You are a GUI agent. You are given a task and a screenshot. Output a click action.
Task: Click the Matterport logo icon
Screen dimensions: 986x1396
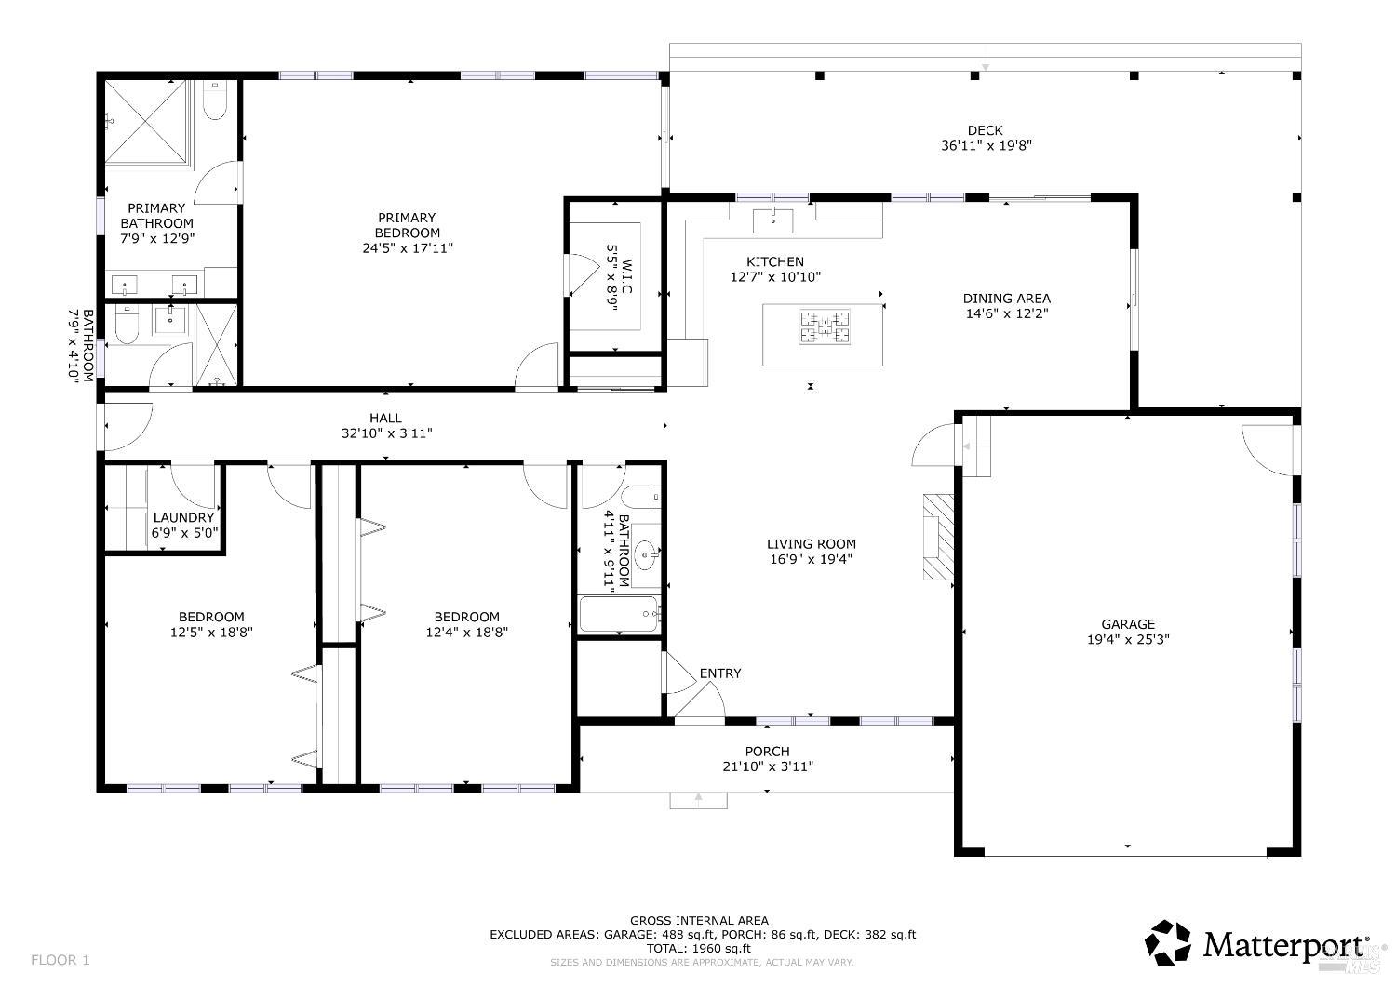click(1168, 942)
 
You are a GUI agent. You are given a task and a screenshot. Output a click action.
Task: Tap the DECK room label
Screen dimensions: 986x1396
click(986, 130)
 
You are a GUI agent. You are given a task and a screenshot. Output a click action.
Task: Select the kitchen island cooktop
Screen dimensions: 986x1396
click(824, 327)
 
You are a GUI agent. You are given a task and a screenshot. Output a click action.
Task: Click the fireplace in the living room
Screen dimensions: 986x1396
click(938, 537)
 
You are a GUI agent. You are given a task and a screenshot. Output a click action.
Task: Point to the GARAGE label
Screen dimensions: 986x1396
click(1128, 624)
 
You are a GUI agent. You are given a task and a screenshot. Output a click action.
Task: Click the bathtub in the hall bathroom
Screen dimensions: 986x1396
click(619, 614)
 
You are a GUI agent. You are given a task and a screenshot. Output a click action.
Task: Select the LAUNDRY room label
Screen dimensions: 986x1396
click(184, 518)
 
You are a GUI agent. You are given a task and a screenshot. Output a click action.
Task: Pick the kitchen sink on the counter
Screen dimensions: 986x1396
click(772, 221)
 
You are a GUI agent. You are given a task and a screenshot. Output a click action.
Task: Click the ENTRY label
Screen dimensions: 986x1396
click(720, 673)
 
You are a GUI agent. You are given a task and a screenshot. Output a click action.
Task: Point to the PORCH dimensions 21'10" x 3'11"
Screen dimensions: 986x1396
click(768, 766)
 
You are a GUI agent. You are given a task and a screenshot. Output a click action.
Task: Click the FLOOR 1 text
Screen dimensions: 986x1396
click(60, 959)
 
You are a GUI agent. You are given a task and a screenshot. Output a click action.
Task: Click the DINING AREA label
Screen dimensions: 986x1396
click(1006, 299)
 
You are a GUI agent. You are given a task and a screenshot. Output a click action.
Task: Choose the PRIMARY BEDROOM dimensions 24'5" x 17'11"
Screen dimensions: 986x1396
click(408, 248)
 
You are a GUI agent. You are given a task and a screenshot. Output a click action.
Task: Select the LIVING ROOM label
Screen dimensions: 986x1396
click(811, 544)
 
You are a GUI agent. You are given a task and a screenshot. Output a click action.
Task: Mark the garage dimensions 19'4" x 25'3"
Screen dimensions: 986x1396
click(1128, 639)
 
